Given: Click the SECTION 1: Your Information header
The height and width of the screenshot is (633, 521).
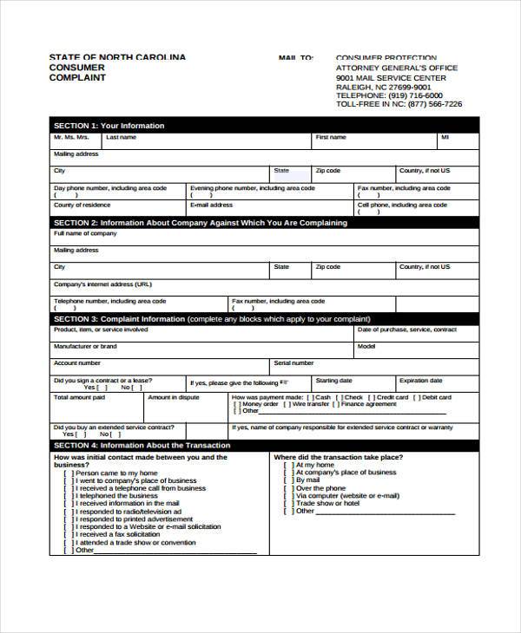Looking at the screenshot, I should point(109,126).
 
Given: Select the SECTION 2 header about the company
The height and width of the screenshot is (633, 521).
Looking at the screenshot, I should point(200,223).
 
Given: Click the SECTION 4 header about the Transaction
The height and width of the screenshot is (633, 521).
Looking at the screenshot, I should point(142,445).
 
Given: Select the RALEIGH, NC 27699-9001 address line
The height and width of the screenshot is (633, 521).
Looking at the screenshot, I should point(383,87).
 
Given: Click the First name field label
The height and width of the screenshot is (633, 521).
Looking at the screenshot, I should point(330,137).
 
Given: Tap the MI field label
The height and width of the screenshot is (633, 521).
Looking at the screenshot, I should point(445,137).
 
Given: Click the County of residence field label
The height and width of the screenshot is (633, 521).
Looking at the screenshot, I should point(82,206).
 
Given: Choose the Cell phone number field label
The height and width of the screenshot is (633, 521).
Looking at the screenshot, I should point(404,206).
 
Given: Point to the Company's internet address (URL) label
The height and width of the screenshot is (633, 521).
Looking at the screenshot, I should point(102,284).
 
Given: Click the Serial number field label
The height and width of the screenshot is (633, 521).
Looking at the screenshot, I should point(293,363).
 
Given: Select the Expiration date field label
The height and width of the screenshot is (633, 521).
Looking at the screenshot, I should point(420,380).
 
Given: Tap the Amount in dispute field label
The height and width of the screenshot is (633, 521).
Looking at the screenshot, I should point(173,397).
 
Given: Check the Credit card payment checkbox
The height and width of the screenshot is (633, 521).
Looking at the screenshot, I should point(371,397).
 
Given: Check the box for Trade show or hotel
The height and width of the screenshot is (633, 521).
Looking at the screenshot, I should point(287,503).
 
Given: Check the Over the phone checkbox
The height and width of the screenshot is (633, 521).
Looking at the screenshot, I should point(287,488).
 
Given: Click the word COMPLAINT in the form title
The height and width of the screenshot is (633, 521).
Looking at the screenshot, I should point(78,78).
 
